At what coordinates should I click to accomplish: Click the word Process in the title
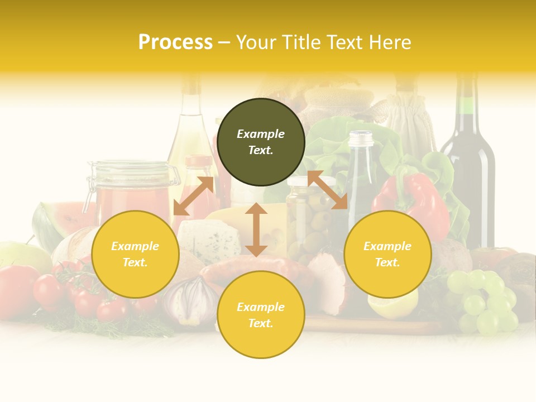pyautogui.click(x=175, y=42)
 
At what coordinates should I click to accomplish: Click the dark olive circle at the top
pyautogui.click(x=261, y=142)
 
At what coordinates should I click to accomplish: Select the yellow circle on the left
pyautogui.click(x=135, y=254)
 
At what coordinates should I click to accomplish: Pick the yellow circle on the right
pyautogui.click(x=387, y=254)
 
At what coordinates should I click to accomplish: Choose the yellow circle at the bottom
pyautogui.click(x=261, y=315)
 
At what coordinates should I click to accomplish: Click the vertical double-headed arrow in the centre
pyautogui.click(x=256, y=229)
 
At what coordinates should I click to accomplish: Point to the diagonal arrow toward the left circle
pyautogui.click(x=193, y=196)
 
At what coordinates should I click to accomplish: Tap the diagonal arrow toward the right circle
pyautogui.click(x=327, y=190)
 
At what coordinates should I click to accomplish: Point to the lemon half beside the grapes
pyautogui.click(x=394, y=304)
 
